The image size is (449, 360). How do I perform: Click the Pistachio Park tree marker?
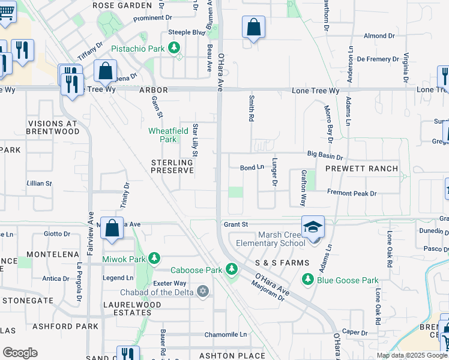point(174,47)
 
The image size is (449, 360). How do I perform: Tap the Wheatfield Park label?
point(164,135)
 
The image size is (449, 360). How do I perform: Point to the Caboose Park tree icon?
point(232,270)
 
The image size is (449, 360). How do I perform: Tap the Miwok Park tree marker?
point(154,259)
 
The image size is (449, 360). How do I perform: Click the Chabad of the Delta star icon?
point(203,292)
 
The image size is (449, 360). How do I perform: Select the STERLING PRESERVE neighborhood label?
point(172,166)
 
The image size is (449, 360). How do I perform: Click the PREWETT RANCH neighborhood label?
point(361,169)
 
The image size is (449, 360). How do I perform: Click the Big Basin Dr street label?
point(324,154)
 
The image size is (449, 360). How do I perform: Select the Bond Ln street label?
point(252,168)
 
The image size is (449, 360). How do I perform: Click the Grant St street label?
point(236,224)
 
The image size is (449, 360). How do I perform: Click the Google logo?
point(19,352)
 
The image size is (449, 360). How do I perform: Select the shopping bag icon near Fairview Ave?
point(112,229)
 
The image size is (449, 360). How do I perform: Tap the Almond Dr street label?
point(379,36)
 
